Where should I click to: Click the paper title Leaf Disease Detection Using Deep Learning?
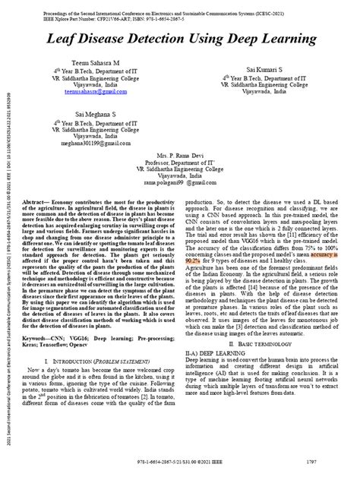pyautogui.click(x=179, y=38)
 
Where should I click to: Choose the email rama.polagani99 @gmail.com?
pyautogui.click(x=178, y=182)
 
